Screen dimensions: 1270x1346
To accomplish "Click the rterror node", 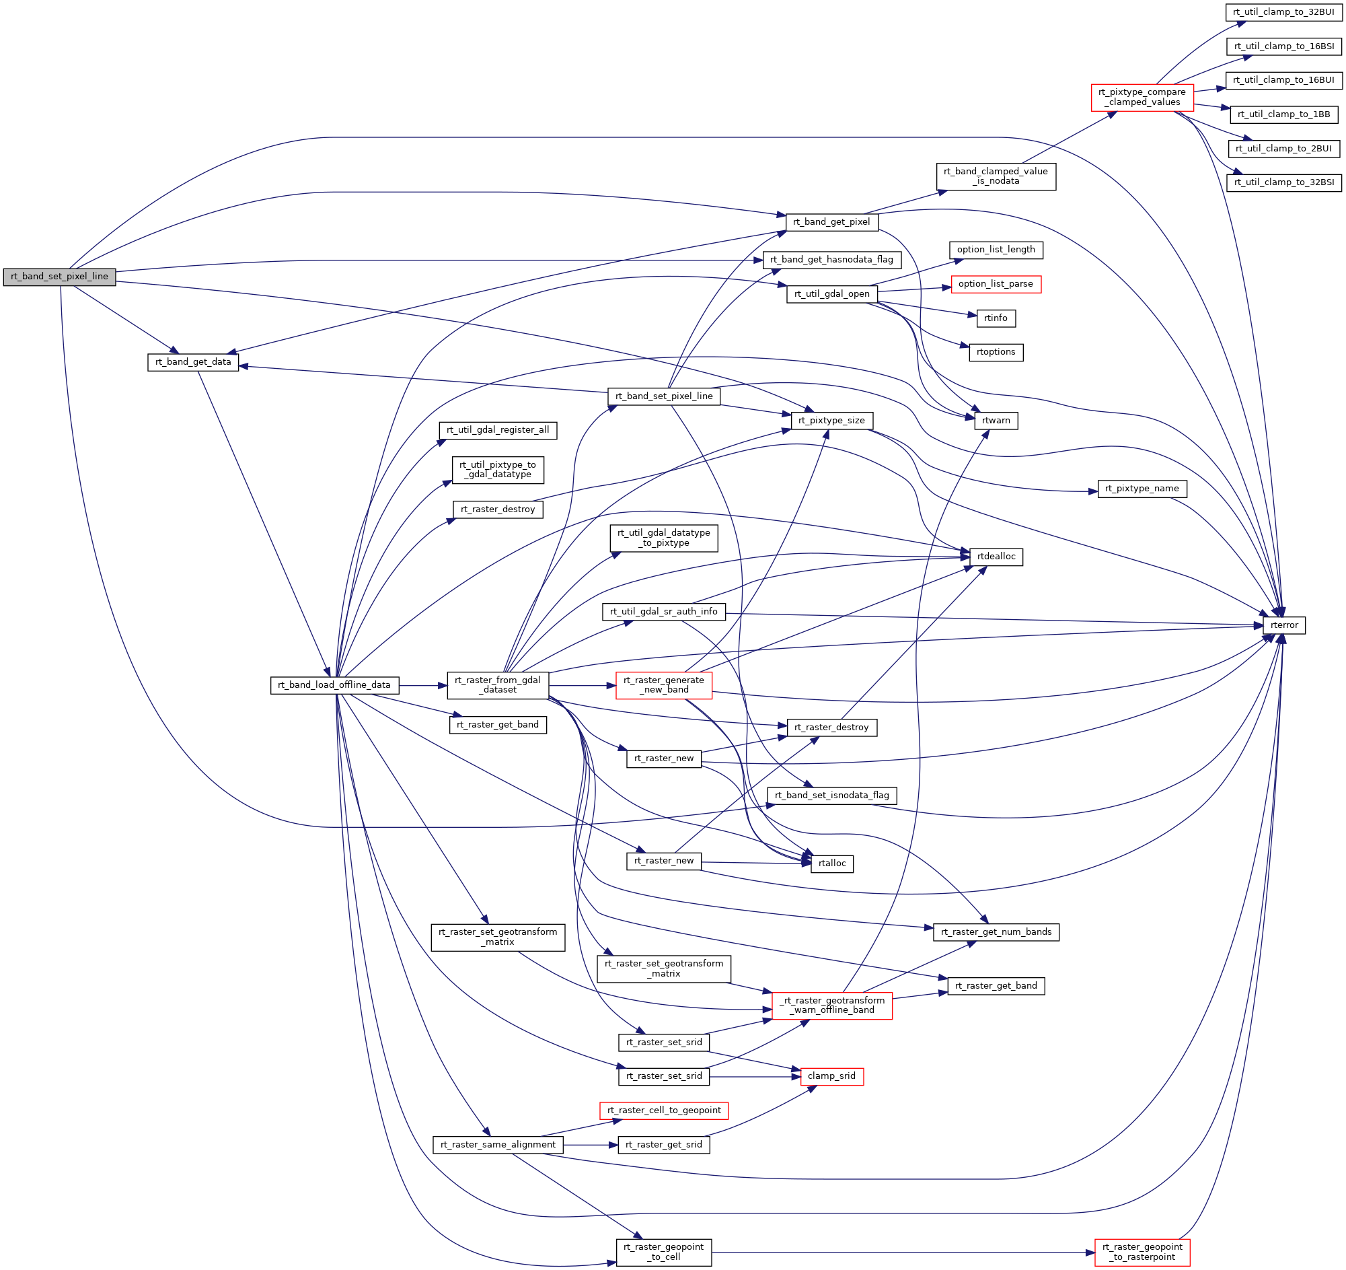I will (1283, 625).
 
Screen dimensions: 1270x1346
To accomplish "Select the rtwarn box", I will (996, 421).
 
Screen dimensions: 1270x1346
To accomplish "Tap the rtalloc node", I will (831, 863).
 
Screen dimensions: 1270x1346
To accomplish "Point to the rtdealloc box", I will (996, 557).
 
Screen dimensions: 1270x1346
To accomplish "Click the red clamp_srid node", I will (831, 1076).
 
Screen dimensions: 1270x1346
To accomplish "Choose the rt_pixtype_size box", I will (831, 421).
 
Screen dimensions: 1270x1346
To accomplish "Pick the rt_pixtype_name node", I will (1142, 489).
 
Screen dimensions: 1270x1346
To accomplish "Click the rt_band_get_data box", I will (193, 362).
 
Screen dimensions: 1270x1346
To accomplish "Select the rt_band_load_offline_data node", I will (334, 684).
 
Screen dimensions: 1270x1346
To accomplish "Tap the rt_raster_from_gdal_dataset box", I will (498, 684).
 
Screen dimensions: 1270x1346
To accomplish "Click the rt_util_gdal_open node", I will (831, 294).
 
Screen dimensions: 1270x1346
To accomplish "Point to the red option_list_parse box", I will (996, 284).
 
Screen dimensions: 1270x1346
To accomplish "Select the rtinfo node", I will (996, 318).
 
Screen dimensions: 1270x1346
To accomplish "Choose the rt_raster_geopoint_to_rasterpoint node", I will (1142, 1252).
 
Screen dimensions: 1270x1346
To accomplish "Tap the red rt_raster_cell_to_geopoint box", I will (663, 1110).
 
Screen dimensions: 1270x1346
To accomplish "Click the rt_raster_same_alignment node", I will (498, 1145).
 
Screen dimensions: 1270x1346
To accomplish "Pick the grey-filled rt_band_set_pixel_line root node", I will (60, 277).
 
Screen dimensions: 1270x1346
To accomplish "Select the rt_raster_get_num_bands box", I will (996, 932).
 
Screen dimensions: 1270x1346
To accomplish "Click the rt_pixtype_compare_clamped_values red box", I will (1142, 98).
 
